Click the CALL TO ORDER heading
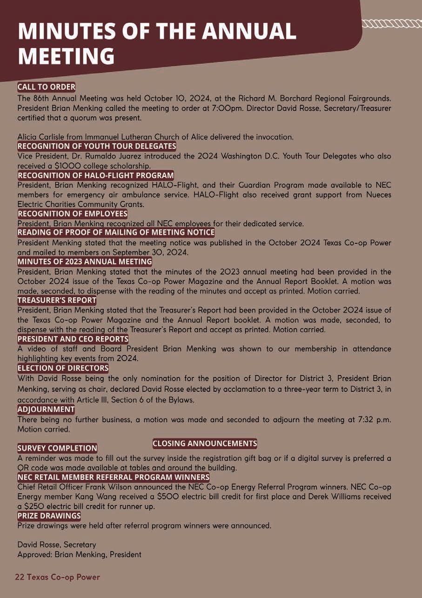click(x=46, y=87)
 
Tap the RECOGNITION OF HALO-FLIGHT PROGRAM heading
click(x=95, y=175)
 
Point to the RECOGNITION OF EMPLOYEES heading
click(x=72, y=214)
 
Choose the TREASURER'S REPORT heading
click(x=57, y=300)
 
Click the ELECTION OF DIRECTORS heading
click(x=63, y=368)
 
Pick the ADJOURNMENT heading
click(x=46, y=409)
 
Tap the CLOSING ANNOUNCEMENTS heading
click(x=205, y=443)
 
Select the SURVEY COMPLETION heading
click(x=57, y=448)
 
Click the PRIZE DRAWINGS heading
click(x=49, y=516)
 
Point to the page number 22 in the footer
click(x=19, y=577)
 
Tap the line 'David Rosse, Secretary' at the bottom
click(x=56, y=544)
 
